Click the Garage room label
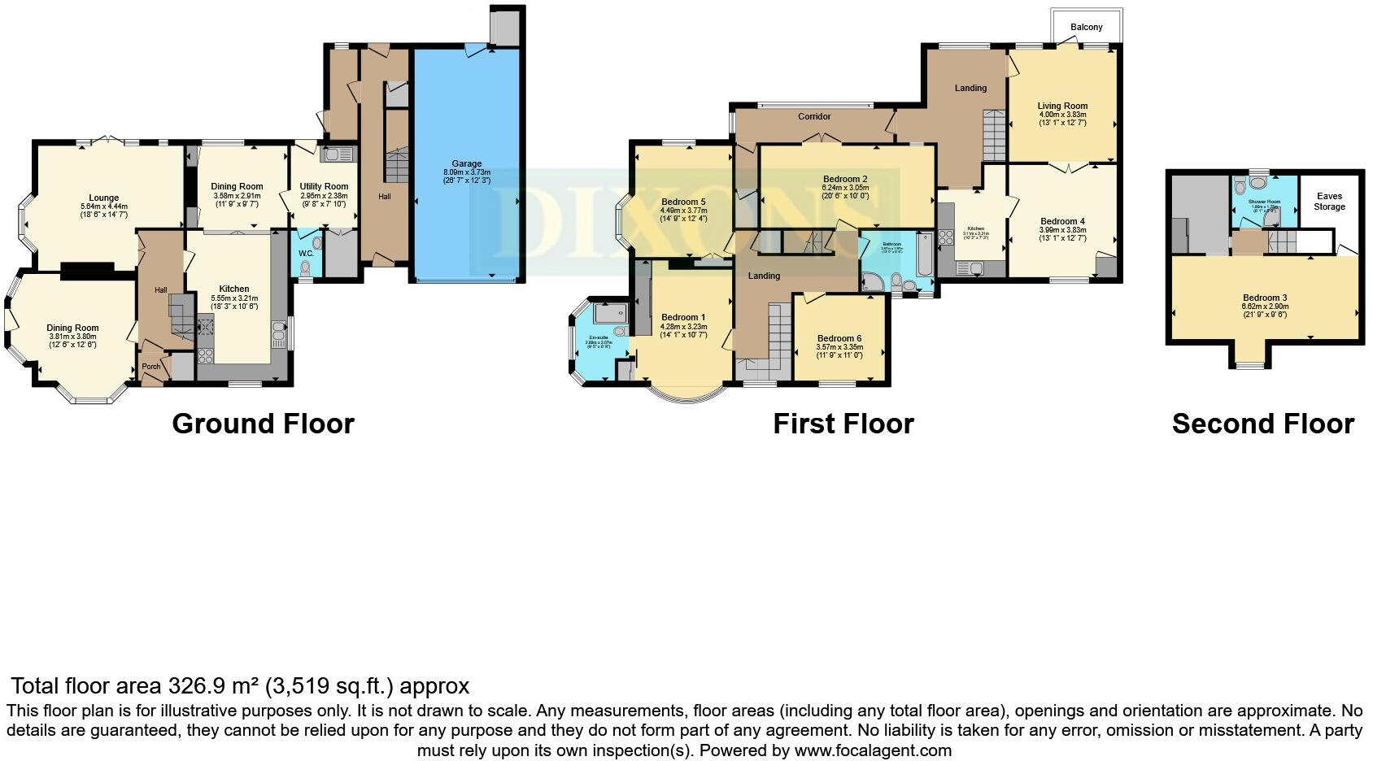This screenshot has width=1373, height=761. pos(467,163)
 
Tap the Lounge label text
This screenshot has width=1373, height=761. pos(104,198)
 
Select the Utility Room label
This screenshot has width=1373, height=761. pos(324,186)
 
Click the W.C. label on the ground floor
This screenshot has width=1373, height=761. pos(306,254)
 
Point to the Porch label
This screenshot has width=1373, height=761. pos(151,367)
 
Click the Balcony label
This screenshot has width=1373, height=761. pos(1086,27)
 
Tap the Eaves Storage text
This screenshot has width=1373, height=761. pos(1329,202)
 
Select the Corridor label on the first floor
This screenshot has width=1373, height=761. pos(814,116)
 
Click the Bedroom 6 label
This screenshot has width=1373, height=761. pos(839,338)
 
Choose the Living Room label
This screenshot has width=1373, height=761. pos(1062,106)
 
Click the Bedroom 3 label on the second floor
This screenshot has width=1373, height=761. pos(1264,298)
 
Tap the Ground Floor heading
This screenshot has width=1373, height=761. pos(263,424)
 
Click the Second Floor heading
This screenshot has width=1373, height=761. pos(1262,424)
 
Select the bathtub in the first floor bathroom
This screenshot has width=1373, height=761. pos(926,254)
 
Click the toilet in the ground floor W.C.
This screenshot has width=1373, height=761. pos(306,267)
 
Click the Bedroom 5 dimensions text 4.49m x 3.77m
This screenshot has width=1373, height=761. pos(683,211)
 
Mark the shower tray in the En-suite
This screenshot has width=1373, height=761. pos(611,313)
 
